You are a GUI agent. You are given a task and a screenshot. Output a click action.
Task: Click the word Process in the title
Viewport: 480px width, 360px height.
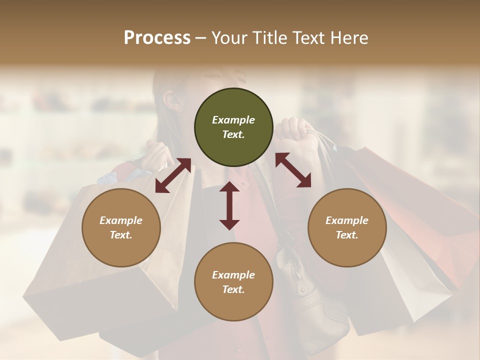click(x=157, y=38)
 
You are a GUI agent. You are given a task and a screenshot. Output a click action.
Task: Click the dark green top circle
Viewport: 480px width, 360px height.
click(x=233, y=127)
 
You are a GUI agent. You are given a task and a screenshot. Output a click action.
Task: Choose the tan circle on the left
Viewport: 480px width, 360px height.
click(x=121, y=227)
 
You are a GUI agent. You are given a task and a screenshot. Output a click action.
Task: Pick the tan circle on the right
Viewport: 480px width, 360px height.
click(x=347, y=227)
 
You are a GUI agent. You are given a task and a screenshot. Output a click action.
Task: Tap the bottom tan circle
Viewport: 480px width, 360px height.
click(x=233, y=282)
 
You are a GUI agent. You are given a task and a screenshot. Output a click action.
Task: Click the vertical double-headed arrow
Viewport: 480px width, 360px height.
click(x=229, y=205)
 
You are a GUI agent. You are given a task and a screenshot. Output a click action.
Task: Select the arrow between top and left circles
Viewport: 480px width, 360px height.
click(x=173, y=175)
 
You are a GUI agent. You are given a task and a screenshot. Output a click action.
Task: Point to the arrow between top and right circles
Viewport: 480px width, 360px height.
click(x=293, y=170)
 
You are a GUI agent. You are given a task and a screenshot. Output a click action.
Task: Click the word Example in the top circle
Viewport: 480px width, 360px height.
click(x=233, y=120)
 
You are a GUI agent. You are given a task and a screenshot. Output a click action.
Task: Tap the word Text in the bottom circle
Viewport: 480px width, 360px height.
click(x=233, y=289)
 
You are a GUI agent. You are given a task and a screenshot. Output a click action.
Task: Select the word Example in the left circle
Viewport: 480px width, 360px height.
click(x=121, y=220)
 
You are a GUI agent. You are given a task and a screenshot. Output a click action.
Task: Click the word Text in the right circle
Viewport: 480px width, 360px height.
click(x=346, y=235)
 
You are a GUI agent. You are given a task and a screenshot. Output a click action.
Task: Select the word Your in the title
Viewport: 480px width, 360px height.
click(x=227, y=38)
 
